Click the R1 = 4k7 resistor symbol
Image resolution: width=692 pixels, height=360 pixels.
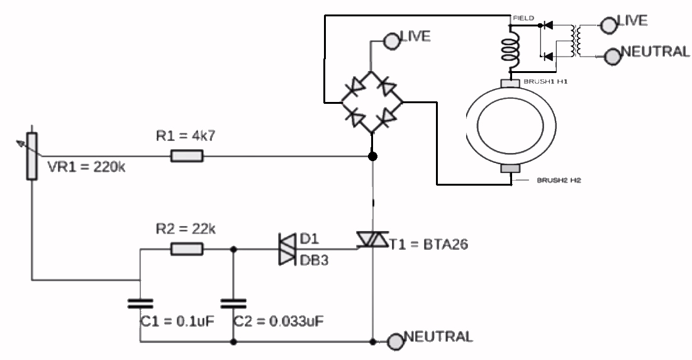click(x=187, y=155)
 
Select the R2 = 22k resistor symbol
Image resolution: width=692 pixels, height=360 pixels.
click(x=187, y=249)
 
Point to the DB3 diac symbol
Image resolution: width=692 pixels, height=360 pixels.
click(x=287, y=249)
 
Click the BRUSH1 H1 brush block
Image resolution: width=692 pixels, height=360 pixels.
click(x=510, y=83)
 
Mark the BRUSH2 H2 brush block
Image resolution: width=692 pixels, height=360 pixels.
click(x=510, y=168)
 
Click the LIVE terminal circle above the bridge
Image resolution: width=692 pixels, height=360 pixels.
click(x=391, y=41)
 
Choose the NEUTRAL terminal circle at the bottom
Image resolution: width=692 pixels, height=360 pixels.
click(x=395, y=342)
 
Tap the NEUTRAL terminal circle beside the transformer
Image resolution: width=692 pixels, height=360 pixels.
click(x=611, y=57)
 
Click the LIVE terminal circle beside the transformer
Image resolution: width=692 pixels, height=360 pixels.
click(x=608, y=25)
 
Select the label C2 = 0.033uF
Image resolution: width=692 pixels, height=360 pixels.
click(x=279, y=322)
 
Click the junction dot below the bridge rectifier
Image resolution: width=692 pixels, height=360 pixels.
click(x=372, y=155)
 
